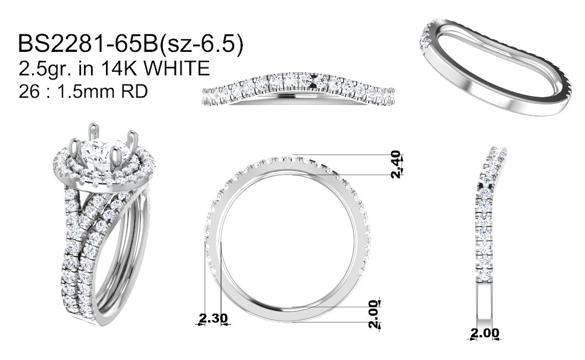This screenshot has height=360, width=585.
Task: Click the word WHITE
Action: [x=177, y=68]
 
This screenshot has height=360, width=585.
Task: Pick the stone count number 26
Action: [x=29, y=92]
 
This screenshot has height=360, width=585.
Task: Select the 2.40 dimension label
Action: [x=396, y=164]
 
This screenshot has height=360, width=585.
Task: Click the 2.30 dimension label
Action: [x=213, y=318]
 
